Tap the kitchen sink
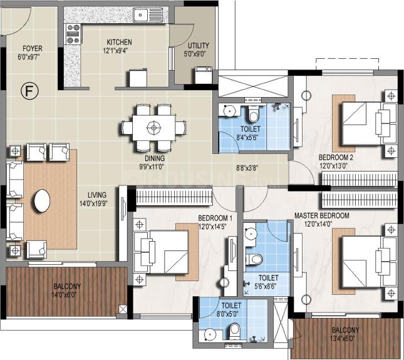pos(148,14)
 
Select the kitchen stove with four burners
pos(73,34)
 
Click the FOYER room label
pos(33,48)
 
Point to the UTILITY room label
pos(198,46)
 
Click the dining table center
pos(154,128)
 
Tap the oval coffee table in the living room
pos(42,200)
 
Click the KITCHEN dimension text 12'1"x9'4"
pos(116,51)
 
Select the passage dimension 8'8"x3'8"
pos(247,168)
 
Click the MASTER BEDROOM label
pos(322,215)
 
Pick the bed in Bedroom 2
pos(369,123)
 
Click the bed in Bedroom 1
pos(161,252)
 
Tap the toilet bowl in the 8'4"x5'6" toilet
pos(254,114)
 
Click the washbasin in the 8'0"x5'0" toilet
pos(210,335)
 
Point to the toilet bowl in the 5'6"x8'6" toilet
pos(254,259)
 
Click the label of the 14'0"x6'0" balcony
pos(67,286)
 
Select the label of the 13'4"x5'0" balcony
pos(345,330)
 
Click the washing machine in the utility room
pos(204,75)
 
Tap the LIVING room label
pos(97,195)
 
